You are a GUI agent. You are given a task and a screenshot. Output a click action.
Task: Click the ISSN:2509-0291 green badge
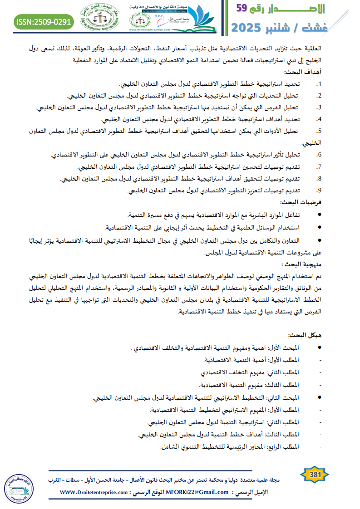[x=44, y=21]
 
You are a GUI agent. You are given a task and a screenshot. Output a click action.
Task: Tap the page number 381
[x=315, y=475]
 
